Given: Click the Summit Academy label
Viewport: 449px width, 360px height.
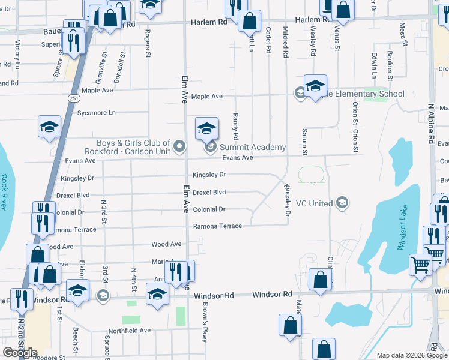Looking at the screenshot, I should (252, 147).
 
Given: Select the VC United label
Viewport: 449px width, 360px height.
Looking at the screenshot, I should (313, 203).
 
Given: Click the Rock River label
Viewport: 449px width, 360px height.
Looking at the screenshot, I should (5, 191).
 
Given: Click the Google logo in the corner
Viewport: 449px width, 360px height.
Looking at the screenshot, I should (20, 353).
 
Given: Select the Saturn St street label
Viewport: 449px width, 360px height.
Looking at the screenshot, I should (305, 142).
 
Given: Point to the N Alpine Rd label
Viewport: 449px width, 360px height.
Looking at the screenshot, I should (431, 123).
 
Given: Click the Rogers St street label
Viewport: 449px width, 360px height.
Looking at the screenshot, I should (147, 46).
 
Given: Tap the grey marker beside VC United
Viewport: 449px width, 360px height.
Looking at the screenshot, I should (342, 203).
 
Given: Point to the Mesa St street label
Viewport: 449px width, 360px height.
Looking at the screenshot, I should (405, 35).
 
